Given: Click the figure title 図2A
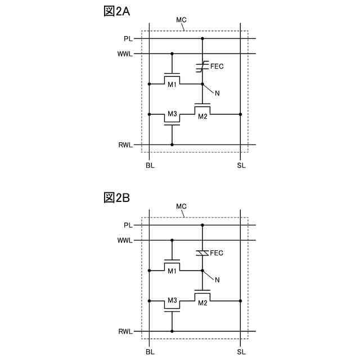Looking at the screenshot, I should click(x=117, y=12).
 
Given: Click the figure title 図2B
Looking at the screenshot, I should click(x=117, y=198).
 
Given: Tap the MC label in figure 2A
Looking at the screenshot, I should click(x=181, y=20).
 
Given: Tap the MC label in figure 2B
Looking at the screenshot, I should click(x=181, y=206).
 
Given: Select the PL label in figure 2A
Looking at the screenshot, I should click(x=128, y=39).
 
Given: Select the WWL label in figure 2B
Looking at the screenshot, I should click(x=125, y=240).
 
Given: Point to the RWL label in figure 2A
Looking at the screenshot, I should click(x=125, y=145).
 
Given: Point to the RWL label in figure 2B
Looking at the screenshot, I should click(x=125, y=332).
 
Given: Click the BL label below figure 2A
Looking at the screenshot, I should click(x=150, y=165).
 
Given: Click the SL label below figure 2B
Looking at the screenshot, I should click(x=241, y=352).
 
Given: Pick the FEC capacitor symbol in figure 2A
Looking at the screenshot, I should click(x=202, y=66).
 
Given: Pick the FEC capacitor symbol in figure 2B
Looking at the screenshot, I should click(x=202, y=253).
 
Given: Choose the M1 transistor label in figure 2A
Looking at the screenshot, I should click(x=172, y=84).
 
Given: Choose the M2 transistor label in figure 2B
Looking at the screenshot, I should click(x=202, y=303).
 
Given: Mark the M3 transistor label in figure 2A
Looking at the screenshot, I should click(x=172, y=114).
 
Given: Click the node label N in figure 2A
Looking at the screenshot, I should click(x=217, y=93).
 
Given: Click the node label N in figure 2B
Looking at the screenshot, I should click(x=217, y=280).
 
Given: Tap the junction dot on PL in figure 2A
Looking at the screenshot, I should click(x=202, y=39).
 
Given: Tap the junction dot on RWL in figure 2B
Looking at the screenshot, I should click(x=172, y=331).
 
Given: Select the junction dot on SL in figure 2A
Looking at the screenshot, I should click(x=241, y=114).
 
